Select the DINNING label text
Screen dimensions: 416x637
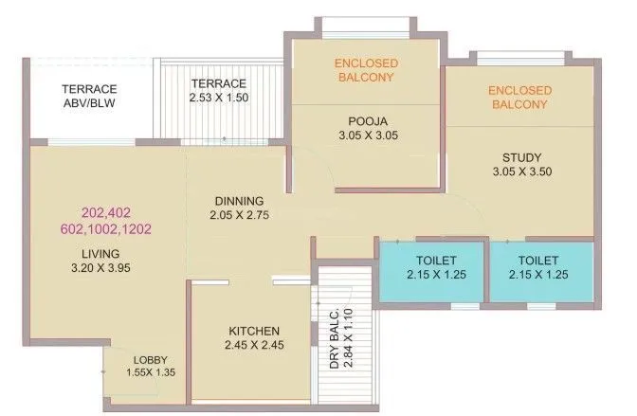coord(232,201)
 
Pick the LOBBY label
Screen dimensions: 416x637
coord(150,360)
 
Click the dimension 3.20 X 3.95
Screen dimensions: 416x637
coord(100,269)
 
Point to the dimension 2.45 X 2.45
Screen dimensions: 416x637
coord(254,345)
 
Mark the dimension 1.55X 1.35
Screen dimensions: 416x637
coord(150,373)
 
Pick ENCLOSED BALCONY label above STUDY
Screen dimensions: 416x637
coord(518,98)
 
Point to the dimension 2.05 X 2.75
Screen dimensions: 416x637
coord(234,216)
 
